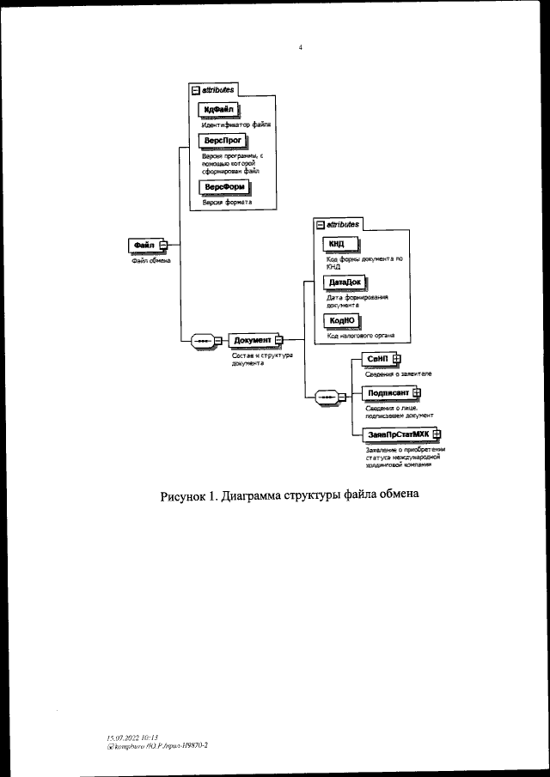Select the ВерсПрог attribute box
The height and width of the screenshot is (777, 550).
click(222, 140)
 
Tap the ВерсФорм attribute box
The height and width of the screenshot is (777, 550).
click(223, 187)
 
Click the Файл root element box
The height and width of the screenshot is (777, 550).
click(142, 245)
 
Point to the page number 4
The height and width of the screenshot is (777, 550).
click(300, 48)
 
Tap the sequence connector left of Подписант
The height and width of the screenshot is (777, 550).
click(327, 397)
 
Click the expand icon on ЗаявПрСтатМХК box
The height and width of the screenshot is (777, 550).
click(437, 434)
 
